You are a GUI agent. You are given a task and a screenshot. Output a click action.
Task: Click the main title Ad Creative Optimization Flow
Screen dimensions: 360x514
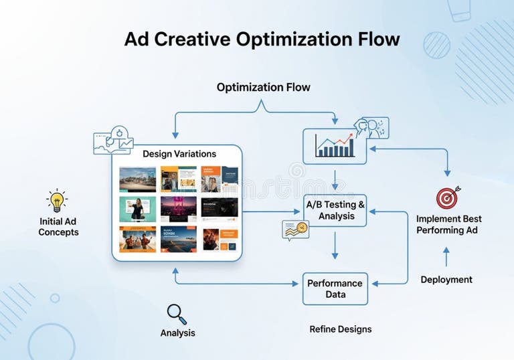262,39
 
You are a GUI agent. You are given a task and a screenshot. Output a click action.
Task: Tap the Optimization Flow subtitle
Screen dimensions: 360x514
263,88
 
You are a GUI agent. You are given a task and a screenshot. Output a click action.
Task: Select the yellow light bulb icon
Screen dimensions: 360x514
57,200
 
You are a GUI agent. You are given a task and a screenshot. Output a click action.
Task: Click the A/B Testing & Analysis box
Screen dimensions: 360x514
335,210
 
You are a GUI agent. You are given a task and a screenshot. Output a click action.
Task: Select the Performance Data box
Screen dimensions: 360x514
335,289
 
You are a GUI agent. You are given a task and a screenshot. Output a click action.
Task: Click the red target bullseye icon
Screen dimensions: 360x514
448,197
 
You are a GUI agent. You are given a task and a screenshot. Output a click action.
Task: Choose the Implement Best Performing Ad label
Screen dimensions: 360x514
448,224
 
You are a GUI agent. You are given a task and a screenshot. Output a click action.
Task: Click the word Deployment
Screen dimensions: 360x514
446,280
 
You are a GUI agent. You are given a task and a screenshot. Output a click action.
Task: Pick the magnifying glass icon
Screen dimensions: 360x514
177,314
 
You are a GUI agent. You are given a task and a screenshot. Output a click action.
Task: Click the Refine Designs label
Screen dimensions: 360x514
340,329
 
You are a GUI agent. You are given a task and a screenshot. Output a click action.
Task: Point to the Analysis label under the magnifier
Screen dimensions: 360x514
177,333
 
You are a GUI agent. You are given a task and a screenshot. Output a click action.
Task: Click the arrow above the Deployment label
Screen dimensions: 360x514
446,256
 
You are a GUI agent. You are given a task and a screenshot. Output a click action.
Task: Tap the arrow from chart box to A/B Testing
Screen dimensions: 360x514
335,179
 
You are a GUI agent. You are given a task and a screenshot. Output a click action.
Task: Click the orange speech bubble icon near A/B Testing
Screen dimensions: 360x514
295,230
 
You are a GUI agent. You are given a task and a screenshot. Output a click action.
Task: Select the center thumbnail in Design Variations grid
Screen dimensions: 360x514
178,209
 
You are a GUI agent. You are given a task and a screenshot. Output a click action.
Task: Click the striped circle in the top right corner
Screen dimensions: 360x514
437,45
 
